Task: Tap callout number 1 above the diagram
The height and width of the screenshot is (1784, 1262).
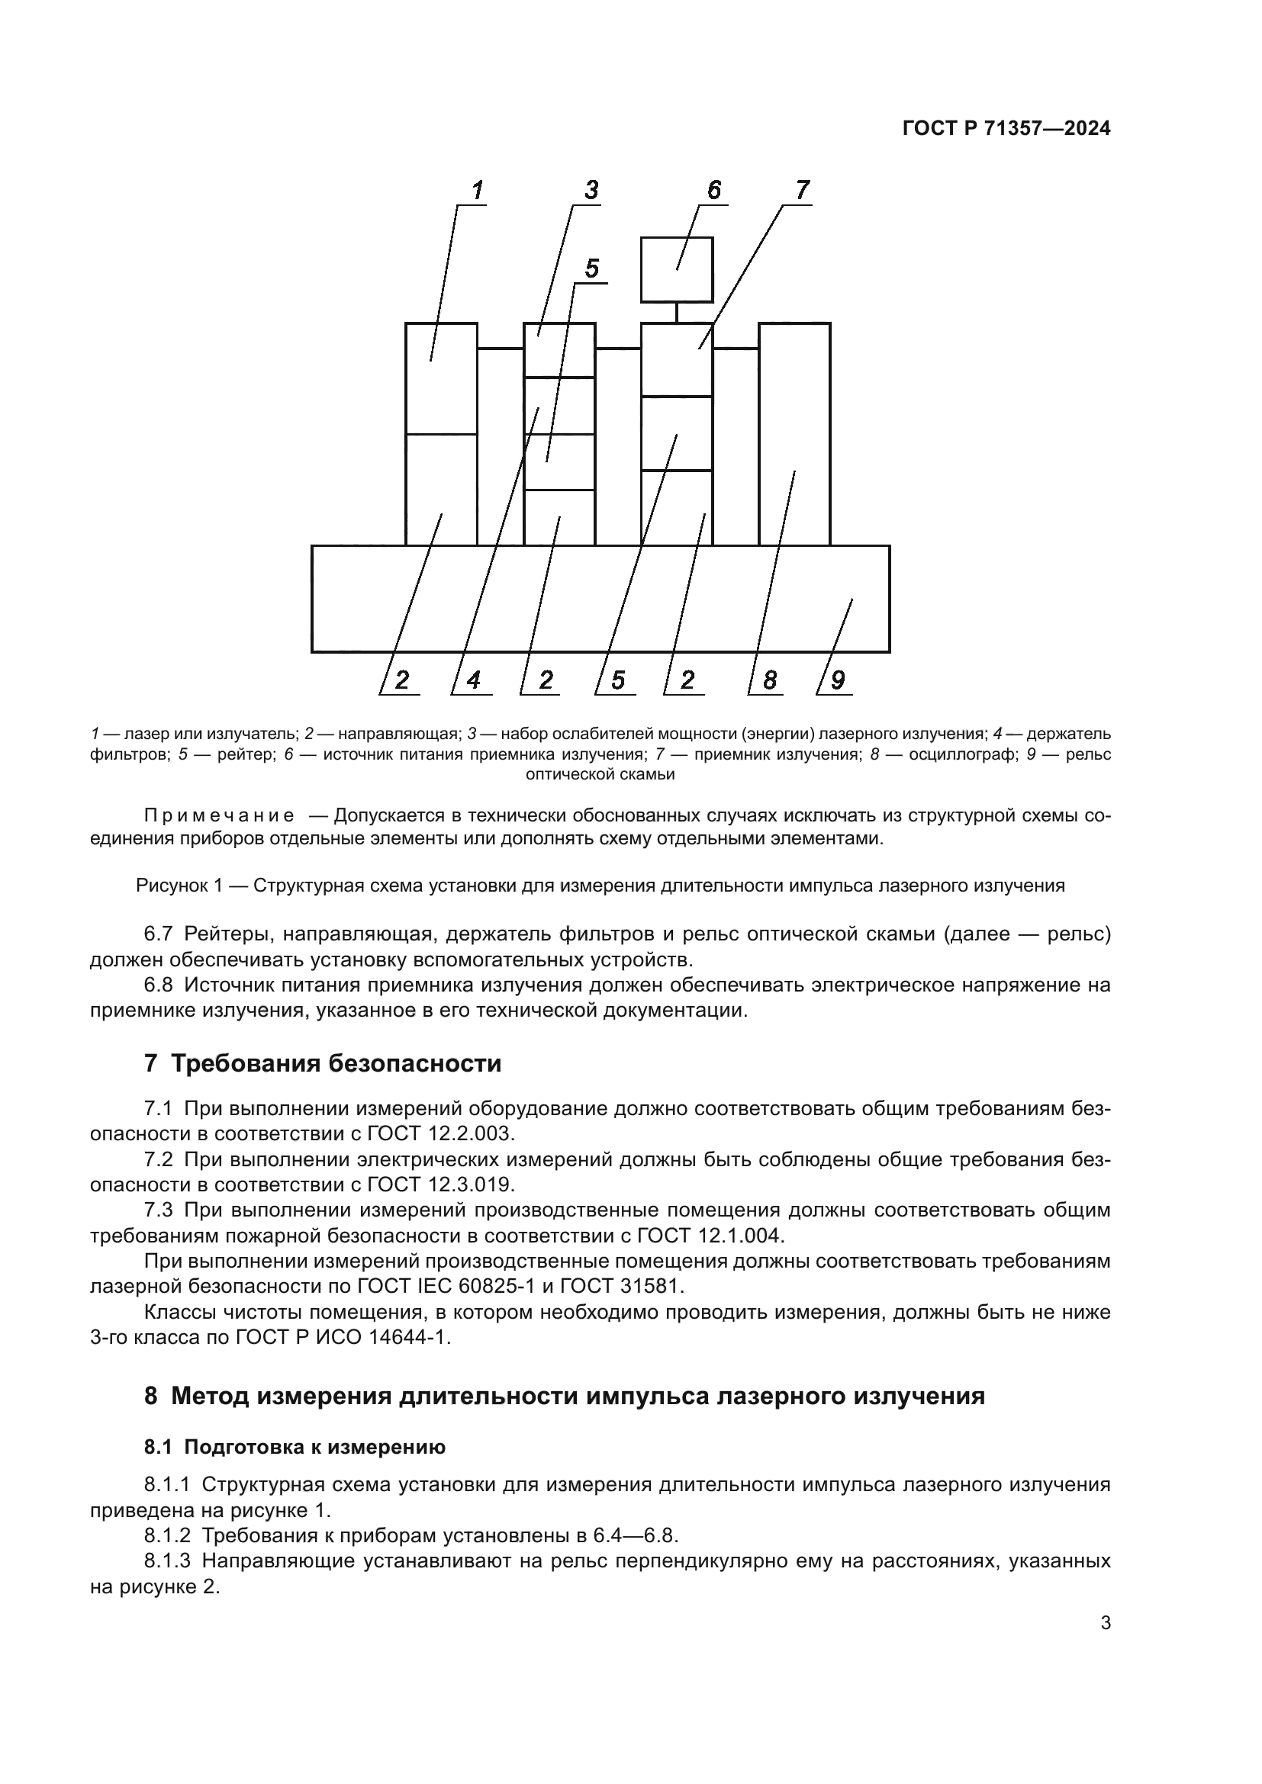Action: pyautogui.click(x=477, y=191)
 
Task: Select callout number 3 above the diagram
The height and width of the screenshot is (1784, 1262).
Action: pyautogui.click(x=591, y=191)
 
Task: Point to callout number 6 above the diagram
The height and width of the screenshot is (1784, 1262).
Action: pyautogui.click(x=713, y=191)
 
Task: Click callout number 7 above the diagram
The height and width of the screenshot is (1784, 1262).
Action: pyautogui.click(x=802, y=191)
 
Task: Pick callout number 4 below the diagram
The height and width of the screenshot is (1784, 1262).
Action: pyautogui.click(x=472, y=680)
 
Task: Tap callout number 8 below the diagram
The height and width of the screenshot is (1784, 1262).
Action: pyautogui.click(x=769, y=680)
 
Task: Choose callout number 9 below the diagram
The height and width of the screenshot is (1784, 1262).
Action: pyautogui.click(x=837, y=680)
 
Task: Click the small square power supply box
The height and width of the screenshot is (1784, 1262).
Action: pyautogui.click(x=676, y=268)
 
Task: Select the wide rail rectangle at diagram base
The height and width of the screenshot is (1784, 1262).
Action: pyautogui.click(x=600, y=598)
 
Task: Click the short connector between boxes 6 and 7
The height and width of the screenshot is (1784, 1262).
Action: pyautogui.click(x=677, y=313)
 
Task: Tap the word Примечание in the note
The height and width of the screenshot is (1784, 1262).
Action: pyautogui.click(x=219, y=816)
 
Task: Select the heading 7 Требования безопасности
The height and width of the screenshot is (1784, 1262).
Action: pyautogui.click(x=323, y=1063)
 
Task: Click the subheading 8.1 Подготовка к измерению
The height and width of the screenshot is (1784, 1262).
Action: pyautogui.click(x=295, y=1447)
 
